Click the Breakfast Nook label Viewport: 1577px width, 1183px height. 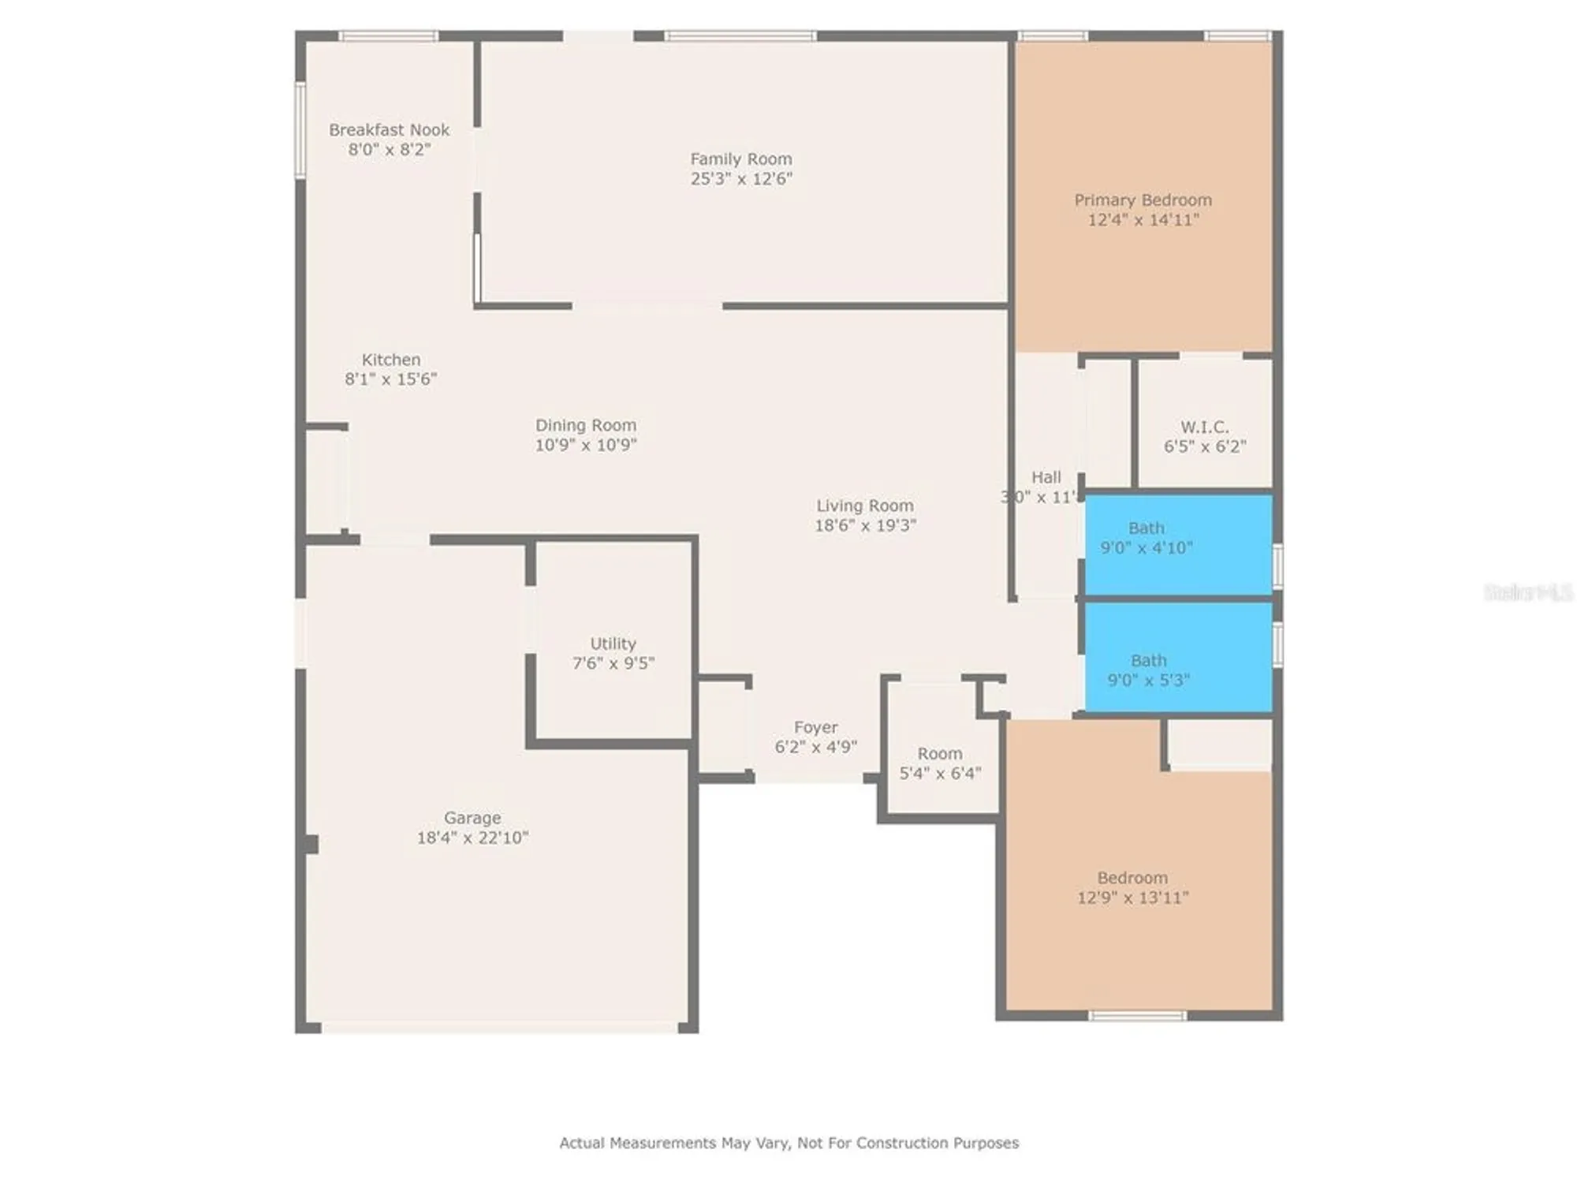tap(389, 130)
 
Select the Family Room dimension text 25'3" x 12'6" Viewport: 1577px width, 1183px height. tap(741, 179)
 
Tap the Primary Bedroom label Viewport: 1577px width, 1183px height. tap(1143, 200)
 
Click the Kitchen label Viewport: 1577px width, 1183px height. tap(391, 360)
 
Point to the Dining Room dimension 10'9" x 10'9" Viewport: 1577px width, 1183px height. tap(586, 445)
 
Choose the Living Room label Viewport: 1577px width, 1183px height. tap(865, 506)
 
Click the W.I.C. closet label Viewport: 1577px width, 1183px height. tap(1204, 427)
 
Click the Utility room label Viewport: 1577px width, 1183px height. tap(613, 644)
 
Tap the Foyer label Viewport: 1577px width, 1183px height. tap(815, 727)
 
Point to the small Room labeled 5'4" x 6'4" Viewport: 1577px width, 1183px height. tap(940, 763)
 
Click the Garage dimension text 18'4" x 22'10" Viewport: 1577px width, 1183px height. tap(472, 838)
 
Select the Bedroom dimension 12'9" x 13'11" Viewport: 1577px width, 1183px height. tap(1132, 898)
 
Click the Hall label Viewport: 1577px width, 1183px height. tap(1046, 477)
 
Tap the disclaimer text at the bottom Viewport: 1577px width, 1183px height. tap(788, 1143)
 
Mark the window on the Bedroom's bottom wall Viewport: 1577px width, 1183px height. tap(1137, 1016)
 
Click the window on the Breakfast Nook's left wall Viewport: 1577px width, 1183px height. tap(300, 130)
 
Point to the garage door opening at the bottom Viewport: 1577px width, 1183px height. tap(499, 1027)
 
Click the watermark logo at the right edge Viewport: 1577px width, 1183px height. tap(1527, 592)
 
